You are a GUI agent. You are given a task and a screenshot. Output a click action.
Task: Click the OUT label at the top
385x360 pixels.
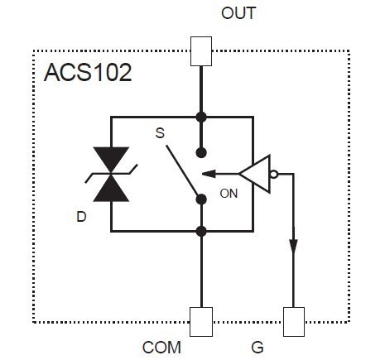(x=238, y=13)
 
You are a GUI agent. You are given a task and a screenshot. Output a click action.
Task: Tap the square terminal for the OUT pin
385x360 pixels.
(x=202, y=50)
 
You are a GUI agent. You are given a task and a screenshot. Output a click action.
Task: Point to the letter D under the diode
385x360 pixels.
(x=81, y=218)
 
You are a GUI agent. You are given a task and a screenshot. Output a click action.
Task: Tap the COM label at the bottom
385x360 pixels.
(x=161, y=348)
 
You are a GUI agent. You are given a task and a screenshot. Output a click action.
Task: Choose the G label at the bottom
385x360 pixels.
(x=258, y=348)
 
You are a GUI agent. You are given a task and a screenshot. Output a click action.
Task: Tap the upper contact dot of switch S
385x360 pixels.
(x=202, y=151)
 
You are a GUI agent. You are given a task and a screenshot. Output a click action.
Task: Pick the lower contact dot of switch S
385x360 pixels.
(x=202, y=198)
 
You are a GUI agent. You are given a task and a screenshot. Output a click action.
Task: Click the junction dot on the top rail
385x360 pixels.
(x=202, y=117)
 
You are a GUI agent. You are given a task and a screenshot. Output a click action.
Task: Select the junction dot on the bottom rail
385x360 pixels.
(x=202, y=231)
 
